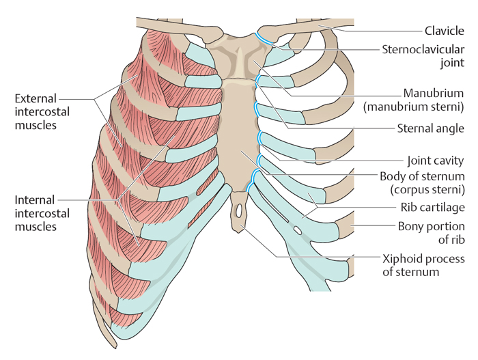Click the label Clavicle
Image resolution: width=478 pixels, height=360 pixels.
pyautogui.click(x=444, y=31)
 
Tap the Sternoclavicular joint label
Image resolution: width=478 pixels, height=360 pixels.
pyautogui.click(x=423, y=56)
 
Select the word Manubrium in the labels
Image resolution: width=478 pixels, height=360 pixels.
pyautogui.click(x=434, y=93)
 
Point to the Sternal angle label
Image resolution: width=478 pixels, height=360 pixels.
pyautogui.click(x=430, y=128)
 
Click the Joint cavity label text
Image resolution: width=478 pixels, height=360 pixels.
pyautogui.click(x=436, y=161)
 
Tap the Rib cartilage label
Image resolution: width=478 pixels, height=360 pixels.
pyautogui.click(x=432, y=208)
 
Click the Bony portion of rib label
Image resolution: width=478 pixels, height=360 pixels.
pyautogui.click(x=432, y=233)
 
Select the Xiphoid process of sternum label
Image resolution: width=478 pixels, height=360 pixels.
pyautogui.click(x=424, y=265)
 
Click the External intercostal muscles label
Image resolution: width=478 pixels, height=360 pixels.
pyautogui.click(x=42, y=111)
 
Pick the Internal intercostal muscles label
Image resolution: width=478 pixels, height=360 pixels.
pyautogui.click(x=42, y=213)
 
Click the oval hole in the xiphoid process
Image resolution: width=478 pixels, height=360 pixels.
pyautogui.click(x=239, y=210)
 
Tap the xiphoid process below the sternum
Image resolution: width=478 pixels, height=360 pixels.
pyautogui.click(x=238, y=211)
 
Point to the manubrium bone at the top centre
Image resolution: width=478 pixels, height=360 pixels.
pyautogui.click(x=238, y=58)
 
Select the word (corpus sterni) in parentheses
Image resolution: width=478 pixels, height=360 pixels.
pyautogui.click(x=427, y=189)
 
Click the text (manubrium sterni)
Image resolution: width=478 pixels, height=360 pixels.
pyautogui.click(x=414, y=107)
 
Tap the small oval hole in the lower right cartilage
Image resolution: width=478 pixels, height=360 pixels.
pyautogui.click(x=297, y=230)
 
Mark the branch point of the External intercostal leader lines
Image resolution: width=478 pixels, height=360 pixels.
pyautogui.click(x=94, y=99)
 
